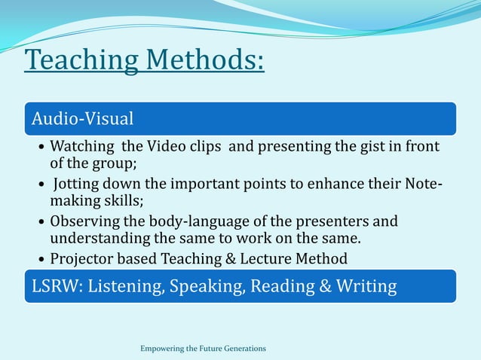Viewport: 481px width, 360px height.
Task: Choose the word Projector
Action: pyautogui.click(x=79, y=259)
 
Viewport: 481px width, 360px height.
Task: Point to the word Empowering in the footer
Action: pyautogui.click(x=161, y=349)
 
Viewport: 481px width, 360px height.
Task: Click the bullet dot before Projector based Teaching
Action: pyautogui.click(x=41, y=260)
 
